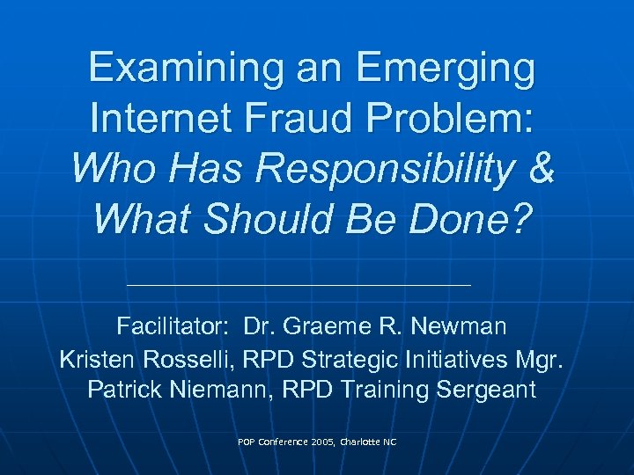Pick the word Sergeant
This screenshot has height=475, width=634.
(x=487, y=390)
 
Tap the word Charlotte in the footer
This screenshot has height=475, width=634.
(x=354, y=442)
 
